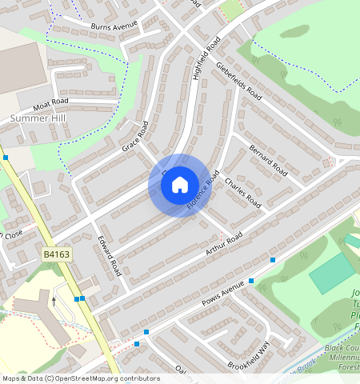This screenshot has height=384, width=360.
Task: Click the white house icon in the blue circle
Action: click(180, 185)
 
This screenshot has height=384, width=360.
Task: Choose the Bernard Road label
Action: click(268, 161)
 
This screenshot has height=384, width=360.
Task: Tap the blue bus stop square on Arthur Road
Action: click(273, 260)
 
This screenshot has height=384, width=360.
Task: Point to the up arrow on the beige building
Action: click(54, 302)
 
